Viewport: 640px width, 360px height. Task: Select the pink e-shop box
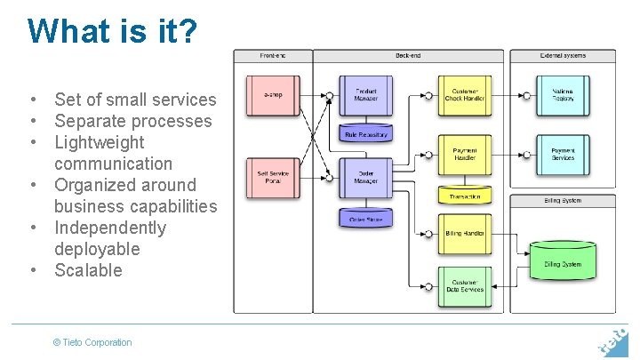pyautogui.click(x=273, y=94)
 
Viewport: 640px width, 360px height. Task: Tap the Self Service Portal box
pyautogui.click(x=273, y=177)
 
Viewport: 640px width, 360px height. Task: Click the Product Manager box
pyautogui.click(x=365, y=94)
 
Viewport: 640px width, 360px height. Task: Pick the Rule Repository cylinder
pyautogui.click(x=365, y=134)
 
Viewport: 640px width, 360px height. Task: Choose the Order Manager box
pyautogui.click(x=365, y=177)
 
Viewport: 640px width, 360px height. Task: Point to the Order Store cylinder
pyautogui.click(x=365, y=218)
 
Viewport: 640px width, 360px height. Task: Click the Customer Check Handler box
pyautogui.click(x=464, y=94)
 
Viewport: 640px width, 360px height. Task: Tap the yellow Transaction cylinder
pyautogui.click(x=464, y=195)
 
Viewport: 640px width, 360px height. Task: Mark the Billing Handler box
pyautogui.click(x=464, y=234)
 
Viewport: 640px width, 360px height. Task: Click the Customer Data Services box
pyautogui.click(x=464, y=286)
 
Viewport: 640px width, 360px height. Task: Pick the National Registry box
pyautogui.click(x=563, y=94)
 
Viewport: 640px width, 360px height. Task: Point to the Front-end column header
pyautogui.click(x=273, y=56)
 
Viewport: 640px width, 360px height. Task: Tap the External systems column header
pyautogui.click(x=563, y=56)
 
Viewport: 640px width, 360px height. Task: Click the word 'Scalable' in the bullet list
pyautogui.click(x=88, y=270)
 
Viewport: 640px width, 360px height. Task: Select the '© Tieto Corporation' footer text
pyautogui.click(x=92, y=342)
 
